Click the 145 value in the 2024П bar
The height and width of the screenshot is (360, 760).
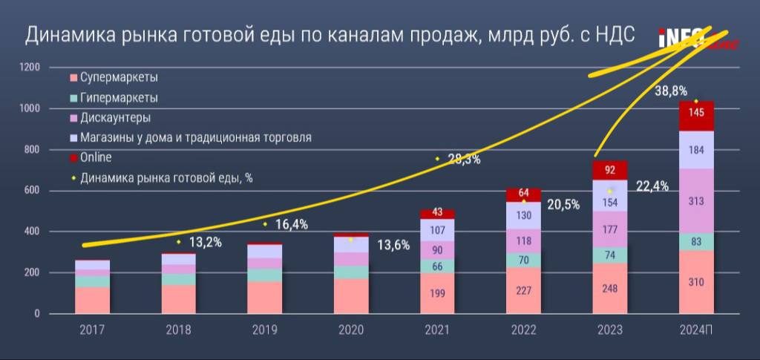tap(695, 114)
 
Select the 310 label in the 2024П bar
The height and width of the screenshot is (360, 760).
tap(695, 282)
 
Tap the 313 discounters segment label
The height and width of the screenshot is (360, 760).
tap(695, 201)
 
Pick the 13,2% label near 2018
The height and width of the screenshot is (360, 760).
tap(204, 242)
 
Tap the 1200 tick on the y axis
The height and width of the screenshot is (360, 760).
tap(30, 68)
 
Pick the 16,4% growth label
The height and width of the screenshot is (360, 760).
tap(291, 224)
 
